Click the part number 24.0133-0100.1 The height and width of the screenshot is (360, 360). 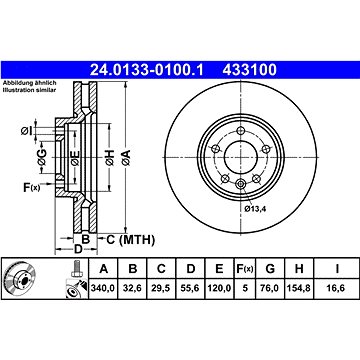coord(146,70)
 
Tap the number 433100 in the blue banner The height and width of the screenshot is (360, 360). coord(249,70)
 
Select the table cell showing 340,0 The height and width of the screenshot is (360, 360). coord(103,288)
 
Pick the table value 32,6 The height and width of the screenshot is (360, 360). coord(132,288)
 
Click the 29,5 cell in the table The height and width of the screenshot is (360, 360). coord(161,288)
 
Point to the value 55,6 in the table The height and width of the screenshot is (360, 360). coord(190,288)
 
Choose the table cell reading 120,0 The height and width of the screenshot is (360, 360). coord(219,288)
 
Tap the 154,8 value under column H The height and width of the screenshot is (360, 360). coord(299,288)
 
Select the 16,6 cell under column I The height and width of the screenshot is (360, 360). coord(337,288)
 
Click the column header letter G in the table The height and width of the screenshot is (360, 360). coord(270,268)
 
